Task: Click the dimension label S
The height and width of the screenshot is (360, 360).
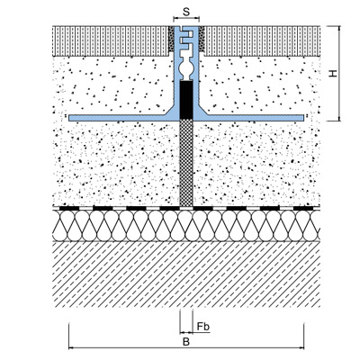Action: pyautogui.click(x=186, y=12)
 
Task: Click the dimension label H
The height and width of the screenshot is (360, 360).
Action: pyautogui.click(x=333, y=74)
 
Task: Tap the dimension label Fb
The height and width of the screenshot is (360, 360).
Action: pyautogui.click(x=203, y=327)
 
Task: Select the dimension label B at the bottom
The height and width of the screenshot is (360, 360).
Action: pyautogui.click(x=186, y=342)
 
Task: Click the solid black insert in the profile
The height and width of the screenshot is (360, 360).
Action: pyautogui.click(x=186, y=100)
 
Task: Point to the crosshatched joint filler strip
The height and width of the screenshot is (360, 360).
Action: pyautogui.click(x=186, y=164)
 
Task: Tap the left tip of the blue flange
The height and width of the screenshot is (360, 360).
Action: pyautogui.click(x=69, y=118)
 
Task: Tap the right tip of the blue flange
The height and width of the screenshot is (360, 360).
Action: pyautogui.click(x=303, y=118)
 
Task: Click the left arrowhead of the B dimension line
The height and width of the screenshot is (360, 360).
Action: pyautogui.click(x=71, y=348)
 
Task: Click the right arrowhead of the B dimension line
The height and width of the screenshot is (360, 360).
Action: pyautogui.click(x=301, y=348)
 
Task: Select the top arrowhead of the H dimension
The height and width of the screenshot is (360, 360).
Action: pyautogui.click(x=339, y=28)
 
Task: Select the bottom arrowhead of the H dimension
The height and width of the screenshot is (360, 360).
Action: pyautogui.click(x=339, y=119)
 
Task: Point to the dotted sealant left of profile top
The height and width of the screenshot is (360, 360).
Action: pyautogui.click(x=171, y=39)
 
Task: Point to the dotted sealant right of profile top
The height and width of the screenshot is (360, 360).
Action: pyautogui.click(x=202, y=39)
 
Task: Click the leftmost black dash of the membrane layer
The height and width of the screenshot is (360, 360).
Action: pyautogui.click(x=69, y=208)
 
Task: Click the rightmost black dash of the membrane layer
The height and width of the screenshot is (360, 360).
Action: pyautogui.click(x=303, y=208)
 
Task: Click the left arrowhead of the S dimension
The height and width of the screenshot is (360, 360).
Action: pyautogui.click(x=175, y=19)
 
